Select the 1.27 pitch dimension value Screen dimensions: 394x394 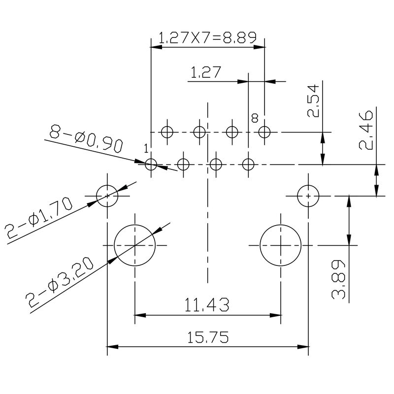coord(205,73)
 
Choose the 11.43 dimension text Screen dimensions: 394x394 coord(207,305)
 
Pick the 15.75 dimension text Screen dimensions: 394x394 coord(207,337)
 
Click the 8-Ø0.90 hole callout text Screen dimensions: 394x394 coord(86,139)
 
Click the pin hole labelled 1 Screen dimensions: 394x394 coord(151,164)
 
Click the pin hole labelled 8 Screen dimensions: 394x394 coord(264,132)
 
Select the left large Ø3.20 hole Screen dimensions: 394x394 coord(134,245)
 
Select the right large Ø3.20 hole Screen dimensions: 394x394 coord(280,245)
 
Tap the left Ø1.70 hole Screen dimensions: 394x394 coord(107,196)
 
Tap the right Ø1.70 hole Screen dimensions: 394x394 coord(308,196)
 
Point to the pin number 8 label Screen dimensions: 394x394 coord(255,118)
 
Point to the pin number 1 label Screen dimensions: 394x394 coord(146,149)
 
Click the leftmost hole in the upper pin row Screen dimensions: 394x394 coord(167,132)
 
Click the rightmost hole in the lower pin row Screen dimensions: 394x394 coord(249,164)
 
